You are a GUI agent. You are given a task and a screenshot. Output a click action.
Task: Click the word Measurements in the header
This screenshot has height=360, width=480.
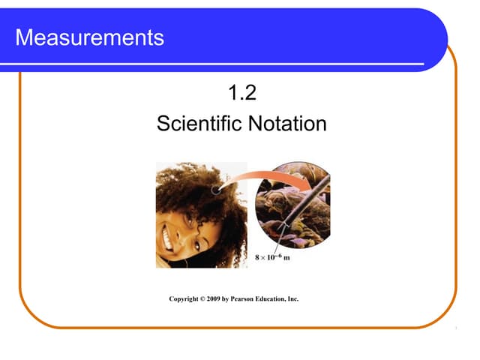89,37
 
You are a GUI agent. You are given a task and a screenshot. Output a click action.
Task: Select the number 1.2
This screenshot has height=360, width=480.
242,94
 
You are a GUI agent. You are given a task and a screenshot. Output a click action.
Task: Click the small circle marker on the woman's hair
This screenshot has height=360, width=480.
217,190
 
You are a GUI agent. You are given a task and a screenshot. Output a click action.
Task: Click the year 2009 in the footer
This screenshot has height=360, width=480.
220,298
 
